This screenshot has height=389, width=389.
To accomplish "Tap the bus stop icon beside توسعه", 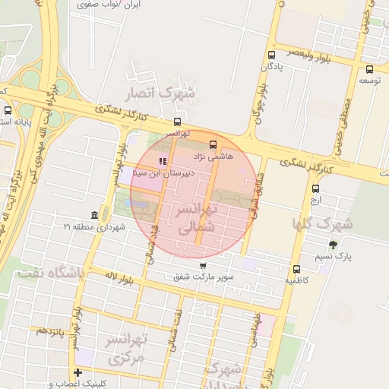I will tap(369, 68).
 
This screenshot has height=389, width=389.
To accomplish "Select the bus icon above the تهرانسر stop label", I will tap(177, 122).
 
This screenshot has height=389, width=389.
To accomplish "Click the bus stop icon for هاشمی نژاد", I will tap(211, 143).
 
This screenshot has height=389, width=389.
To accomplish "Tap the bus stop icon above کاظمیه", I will tap(296, 268).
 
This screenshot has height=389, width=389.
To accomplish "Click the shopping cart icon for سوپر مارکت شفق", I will tap(202, 265).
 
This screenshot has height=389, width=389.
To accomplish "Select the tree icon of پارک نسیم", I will tap(333, 245).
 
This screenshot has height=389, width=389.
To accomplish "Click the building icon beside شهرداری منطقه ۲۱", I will tap(93, 215).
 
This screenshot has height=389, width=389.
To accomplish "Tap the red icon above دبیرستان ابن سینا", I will tap(161, 161).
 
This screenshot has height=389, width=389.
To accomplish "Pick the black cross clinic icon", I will tap(77, 372).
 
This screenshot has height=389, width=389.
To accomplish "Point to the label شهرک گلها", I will tap(323, 224).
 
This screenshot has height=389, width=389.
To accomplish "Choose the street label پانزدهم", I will tap(47, 332).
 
